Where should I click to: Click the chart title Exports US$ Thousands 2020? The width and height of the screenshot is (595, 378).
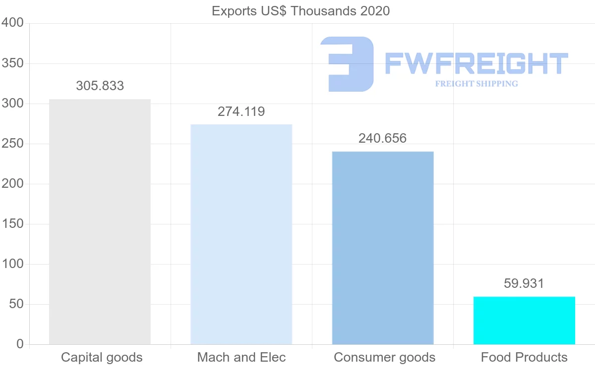[x=300, y=11]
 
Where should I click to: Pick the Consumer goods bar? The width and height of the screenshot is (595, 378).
[x=383, y=248]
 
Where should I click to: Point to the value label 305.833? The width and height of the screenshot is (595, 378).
[x=100, y=86]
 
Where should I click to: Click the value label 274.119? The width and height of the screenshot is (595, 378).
[x=241, y=112]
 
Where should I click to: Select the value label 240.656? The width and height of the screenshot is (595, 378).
[x=382, y=139]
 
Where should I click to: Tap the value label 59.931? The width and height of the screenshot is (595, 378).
[x=524, y=284]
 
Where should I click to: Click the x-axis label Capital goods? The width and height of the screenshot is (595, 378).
[x=102, y=358]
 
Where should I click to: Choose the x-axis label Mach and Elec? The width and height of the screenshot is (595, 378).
[x=241, y=358]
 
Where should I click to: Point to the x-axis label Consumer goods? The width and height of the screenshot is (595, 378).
[x=384, y=358]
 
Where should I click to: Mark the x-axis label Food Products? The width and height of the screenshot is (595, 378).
[x=524, y=358]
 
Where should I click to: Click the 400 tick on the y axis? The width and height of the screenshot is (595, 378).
[x=12, y=23]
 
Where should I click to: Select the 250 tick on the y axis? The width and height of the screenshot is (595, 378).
[x=12, y=144]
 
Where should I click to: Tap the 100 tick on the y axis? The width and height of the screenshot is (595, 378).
[x=12, y=264]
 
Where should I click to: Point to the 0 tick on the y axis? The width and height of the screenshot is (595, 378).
[x=20, y=344]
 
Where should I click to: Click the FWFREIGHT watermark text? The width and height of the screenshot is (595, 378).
[x=476, y=63]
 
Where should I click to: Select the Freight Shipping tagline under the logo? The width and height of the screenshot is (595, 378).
[x=476, y=84]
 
